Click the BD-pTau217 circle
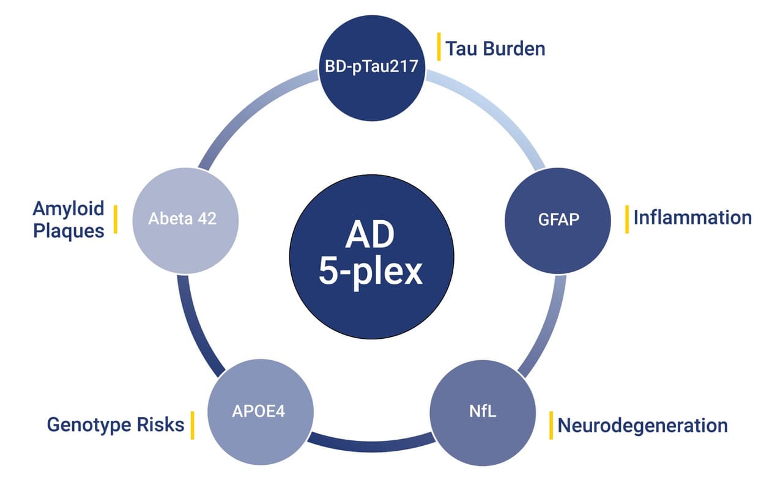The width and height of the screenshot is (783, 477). tap(372, 67)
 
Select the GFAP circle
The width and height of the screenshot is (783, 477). tap(557, 218)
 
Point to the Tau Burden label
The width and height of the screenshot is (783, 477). tap(495, 48)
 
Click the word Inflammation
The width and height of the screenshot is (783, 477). tap(692, 217)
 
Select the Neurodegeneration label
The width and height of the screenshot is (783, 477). tap(642, 425)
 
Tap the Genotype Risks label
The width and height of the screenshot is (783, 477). tap(116, 424)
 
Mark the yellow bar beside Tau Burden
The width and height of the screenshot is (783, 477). tap(439, 47)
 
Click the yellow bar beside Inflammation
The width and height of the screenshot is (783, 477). tap(626, 219)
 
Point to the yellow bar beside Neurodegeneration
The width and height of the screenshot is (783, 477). tap(551, 425)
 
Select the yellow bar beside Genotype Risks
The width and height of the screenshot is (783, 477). tap(192, 425)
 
